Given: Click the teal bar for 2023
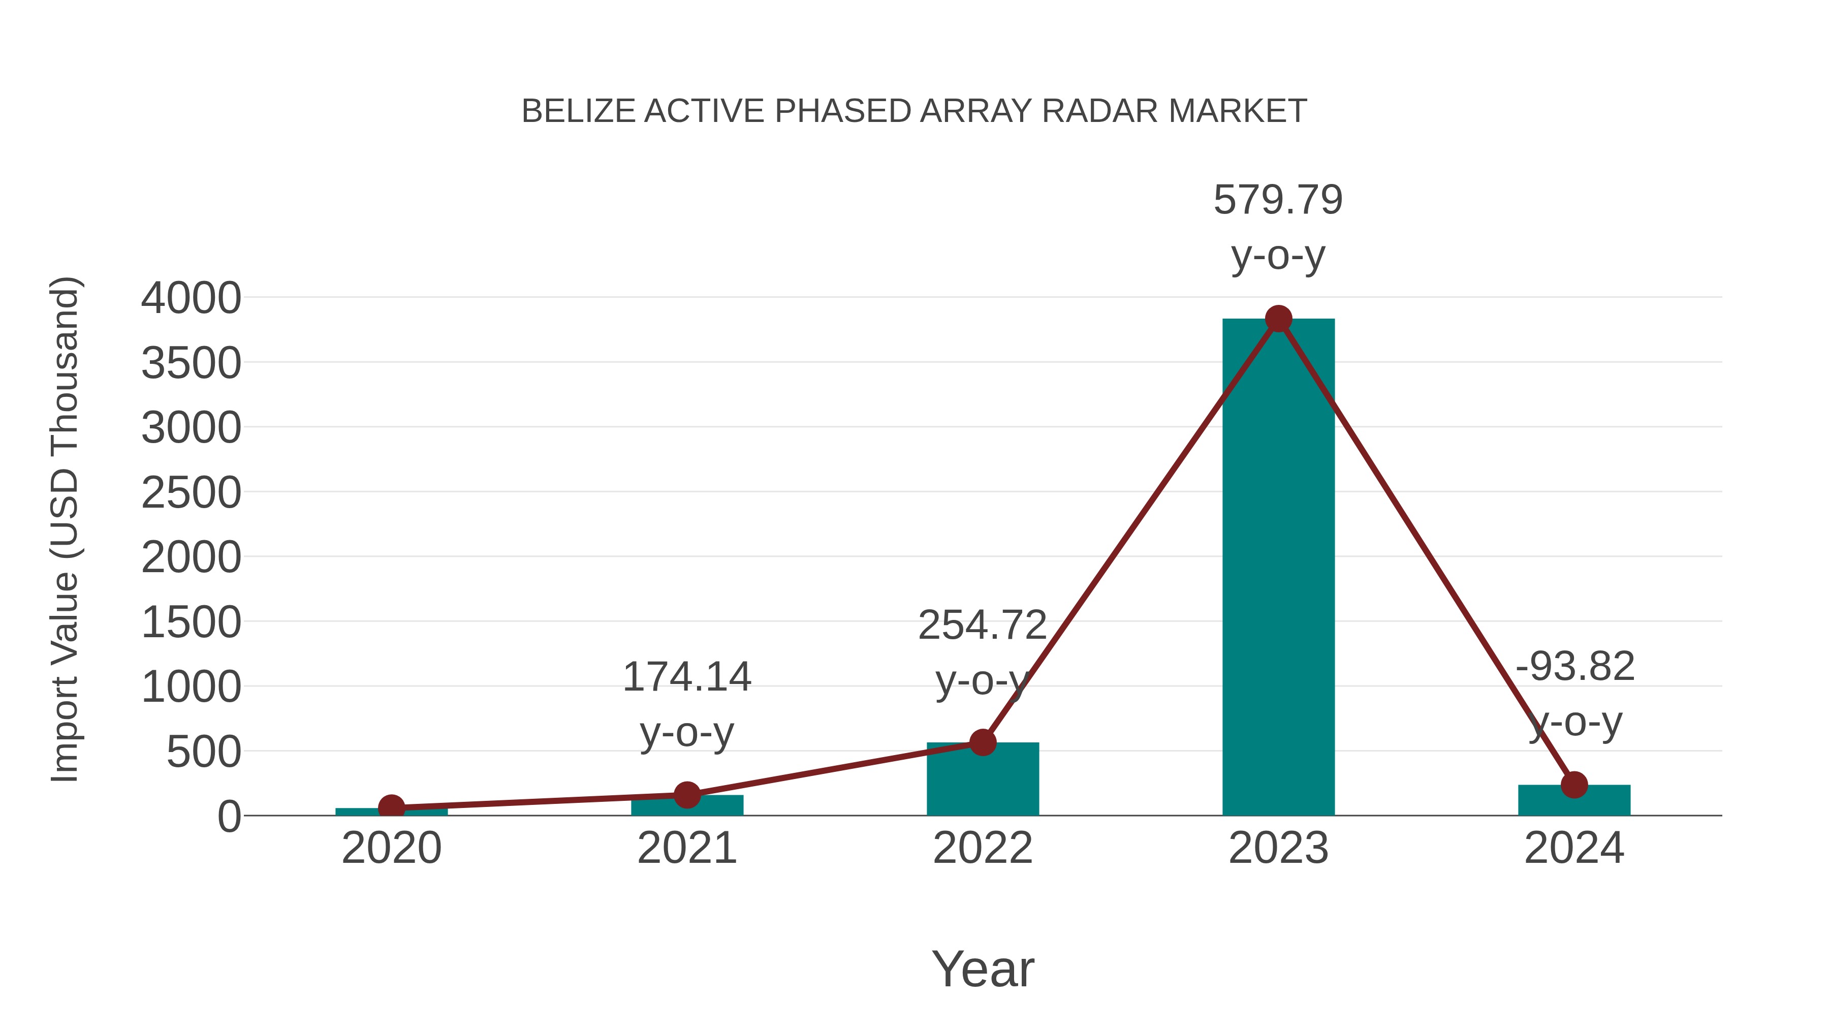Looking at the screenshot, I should coord(1278,568).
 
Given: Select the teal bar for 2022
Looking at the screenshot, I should coord(983,781).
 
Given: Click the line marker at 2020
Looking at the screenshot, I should coord(391,807).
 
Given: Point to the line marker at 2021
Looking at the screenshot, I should coord(686,795).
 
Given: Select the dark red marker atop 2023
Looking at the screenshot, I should coord(1278,319).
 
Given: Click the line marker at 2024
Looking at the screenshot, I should coord(1574,785).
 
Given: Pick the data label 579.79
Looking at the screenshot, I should coord(1278,200).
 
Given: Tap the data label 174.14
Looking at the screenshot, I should coord(686,677).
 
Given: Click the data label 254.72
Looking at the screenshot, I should coord(982,626).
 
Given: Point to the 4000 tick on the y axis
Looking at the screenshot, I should coord(191,298).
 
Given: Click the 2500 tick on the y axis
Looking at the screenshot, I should coord(191,493).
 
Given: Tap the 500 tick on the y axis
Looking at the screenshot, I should coord(204,752).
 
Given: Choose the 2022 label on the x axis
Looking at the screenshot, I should coord(983,848).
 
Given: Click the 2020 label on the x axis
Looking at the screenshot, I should coord(391,848).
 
